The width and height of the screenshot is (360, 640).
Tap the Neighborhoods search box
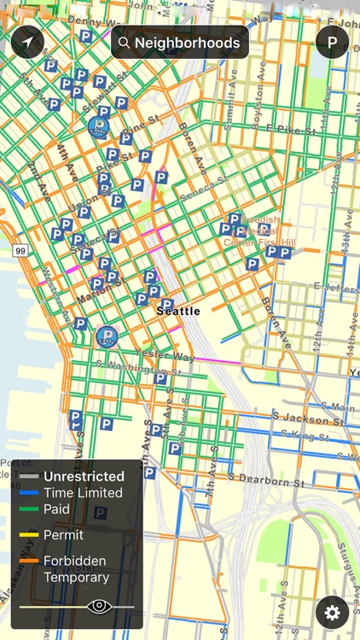pyautogui.click(x=180, y=42)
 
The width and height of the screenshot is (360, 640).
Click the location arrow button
pyautogui.click(x=27, y=42)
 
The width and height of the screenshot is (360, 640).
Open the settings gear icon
pyautogui.click(x=332, y=612)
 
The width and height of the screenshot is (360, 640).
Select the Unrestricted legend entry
pyautogui.click(x=84, y=476)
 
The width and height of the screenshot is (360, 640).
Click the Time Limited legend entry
pyautogui.click(x=83, y=492)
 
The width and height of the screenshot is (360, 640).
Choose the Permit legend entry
pyautogui.click(x=64, y=535)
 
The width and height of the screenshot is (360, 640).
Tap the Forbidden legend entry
pyautogui.click(x=75, y=561)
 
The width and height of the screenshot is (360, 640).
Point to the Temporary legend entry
pyautogui.click(x=76, y=577)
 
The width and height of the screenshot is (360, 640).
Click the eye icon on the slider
pyautogui.click(x=99, y=607)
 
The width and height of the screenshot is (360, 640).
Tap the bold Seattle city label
pyautogui.click(x=178, y=311)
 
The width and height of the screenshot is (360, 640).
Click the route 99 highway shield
pyautogui.click(x=19, y=250)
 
